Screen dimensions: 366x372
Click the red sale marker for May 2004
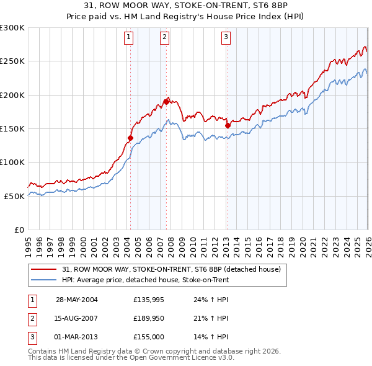pos(131,138)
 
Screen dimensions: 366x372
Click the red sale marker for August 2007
pos(166,101)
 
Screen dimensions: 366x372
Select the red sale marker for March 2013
pos(227,125)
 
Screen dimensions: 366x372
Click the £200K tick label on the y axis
pos(12,95)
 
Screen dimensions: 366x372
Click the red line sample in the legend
pos(45,269)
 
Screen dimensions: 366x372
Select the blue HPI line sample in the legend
pos(45,280)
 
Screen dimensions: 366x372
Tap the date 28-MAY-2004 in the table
pos(76,300)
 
